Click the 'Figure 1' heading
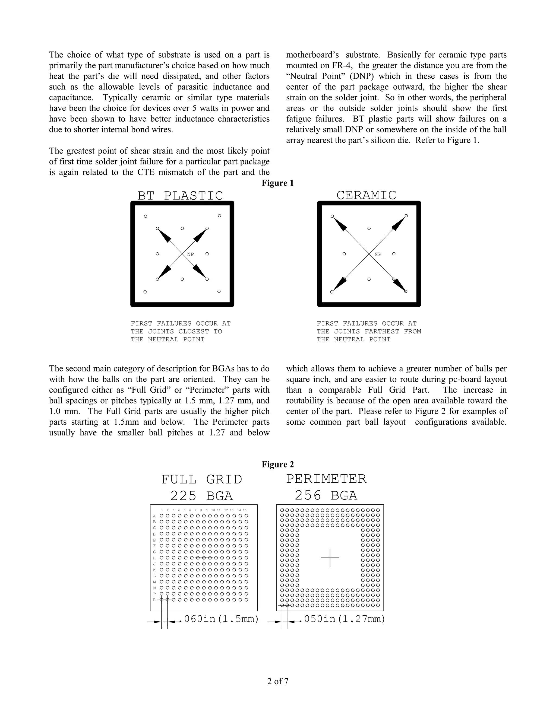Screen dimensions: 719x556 click(278, 183)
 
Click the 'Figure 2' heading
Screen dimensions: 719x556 click(278, 465)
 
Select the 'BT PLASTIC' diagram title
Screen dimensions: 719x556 click(180, 196)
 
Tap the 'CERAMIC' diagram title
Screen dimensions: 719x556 click(366, 195)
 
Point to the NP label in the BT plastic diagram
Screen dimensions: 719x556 click(190, 254)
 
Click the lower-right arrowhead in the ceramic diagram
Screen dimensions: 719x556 click(400, 285)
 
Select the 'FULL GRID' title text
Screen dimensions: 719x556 click(202, 480)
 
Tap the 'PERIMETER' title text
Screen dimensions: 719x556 click(326, 479)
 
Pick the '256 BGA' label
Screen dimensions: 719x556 click(326, 495)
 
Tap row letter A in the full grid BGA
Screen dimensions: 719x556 click(154, 516)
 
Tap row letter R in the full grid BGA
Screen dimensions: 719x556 click(154, 600)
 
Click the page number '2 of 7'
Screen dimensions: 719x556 click(278, 682)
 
